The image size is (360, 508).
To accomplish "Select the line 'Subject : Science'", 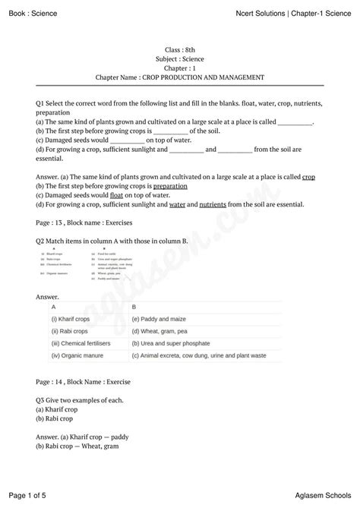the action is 179,58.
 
